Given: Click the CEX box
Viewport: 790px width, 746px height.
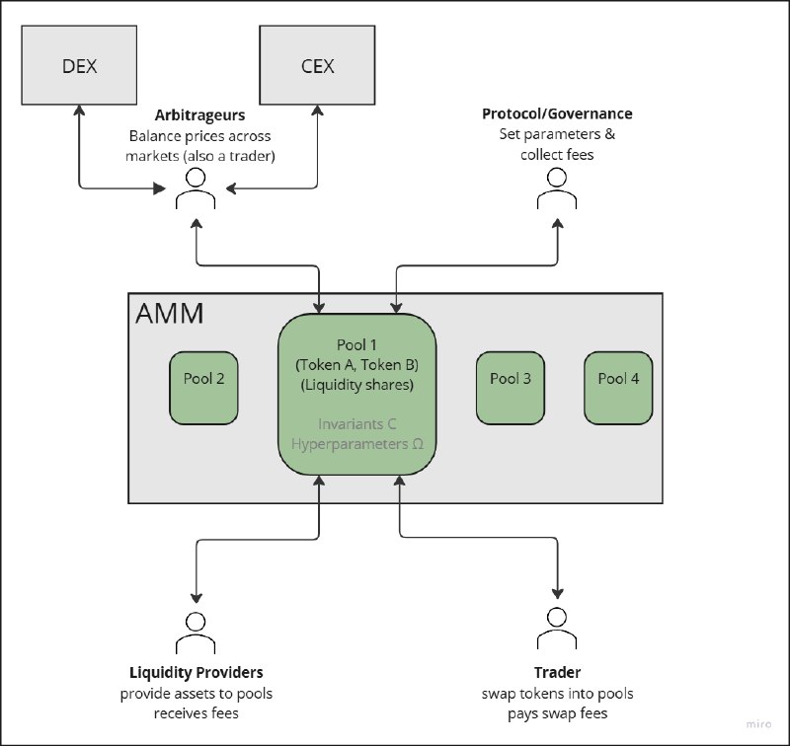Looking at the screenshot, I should coord(316,66).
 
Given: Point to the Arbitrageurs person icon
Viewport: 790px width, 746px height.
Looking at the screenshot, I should coord(195,187).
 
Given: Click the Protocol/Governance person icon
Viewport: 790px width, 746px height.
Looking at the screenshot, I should coord(557,187).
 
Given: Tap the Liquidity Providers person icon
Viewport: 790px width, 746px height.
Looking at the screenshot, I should coord(197,631).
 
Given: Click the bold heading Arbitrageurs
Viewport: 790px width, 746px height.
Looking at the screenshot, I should coord(197,115).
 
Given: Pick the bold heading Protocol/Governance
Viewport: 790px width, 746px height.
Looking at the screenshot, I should coord(557,114).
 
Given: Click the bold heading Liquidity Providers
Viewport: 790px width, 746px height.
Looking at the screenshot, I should coord(197,673).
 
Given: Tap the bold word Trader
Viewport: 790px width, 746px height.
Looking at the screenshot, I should coord(557,673).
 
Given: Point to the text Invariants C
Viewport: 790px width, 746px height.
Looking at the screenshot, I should coord(357,424).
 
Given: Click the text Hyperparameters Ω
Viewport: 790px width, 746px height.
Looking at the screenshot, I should coord(357,444).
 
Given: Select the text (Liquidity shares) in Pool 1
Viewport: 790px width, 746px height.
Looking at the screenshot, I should coord(357,385).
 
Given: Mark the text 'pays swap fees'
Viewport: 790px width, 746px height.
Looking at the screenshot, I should coord(557,712).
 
